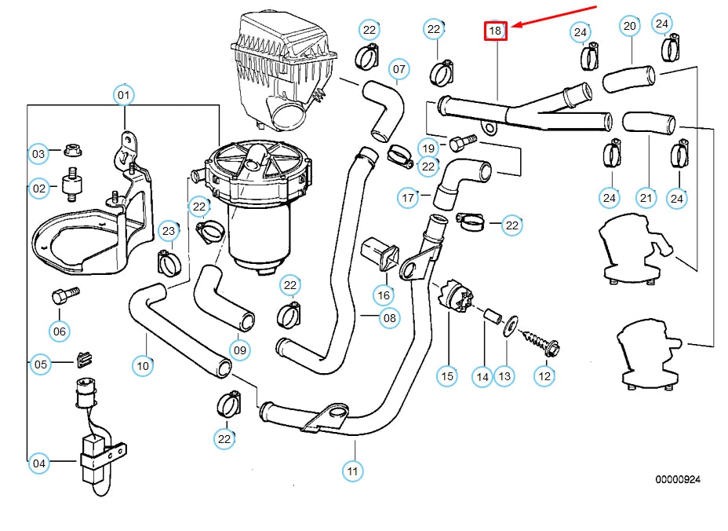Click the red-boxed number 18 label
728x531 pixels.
(x=496, y=31)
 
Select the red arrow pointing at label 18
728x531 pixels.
(x=555, y=19)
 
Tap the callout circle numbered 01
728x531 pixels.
(x=123, y=96)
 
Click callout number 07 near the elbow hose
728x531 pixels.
(x=399, y=69)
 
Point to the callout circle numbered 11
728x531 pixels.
(x=353, y=471)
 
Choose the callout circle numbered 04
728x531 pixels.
(x=39, y=464)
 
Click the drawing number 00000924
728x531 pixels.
(x=678, y=478)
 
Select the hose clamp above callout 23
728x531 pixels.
(x=169, y=262)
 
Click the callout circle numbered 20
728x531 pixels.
(x=629, y=26)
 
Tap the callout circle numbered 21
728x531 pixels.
(x=646, y=198)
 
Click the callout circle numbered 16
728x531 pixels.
(x=383, y=295)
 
